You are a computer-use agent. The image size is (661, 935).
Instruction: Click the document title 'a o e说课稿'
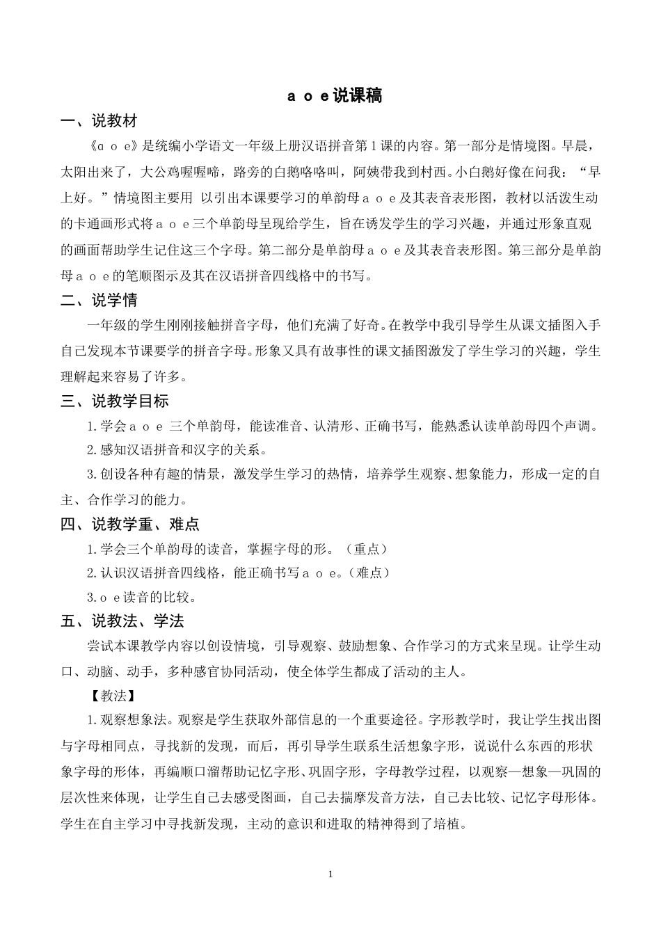pos(335,95)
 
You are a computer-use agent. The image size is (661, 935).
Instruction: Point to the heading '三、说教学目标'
pos(115,401)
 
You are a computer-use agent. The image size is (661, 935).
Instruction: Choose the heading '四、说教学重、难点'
pos(130,524)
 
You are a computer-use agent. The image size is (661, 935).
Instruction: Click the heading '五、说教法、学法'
pos(122,621)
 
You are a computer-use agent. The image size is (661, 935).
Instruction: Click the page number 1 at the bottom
pos(330,874)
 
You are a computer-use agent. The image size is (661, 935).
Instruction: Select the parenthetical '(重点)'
pos(366,549)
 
